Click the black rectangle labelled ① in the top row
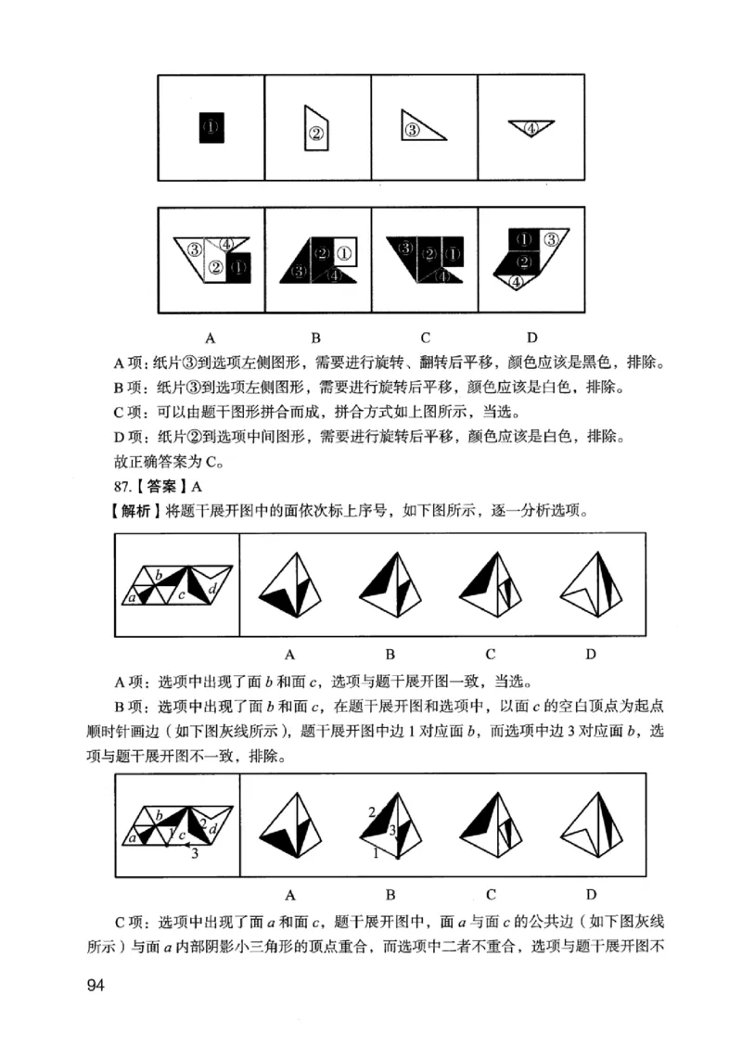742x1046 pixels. coord(211,127)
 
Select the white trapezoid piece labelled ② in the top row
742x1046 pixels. coord(316,129)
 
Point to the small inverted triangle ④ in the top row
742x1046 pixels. coord(531,128)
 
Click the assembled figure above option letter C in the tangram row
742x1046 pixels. coord(425,260)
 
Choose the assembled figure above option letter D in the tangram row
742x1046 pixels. coord(530,260)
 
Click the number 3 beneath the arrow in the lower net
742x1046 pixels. coord(194,854)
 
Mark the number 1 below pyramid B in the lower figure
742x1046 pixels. coord(376,853)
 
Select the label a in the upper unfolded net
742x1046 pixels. coord(133,597)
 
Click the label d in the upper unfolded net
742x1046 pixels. coord(213,589)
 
